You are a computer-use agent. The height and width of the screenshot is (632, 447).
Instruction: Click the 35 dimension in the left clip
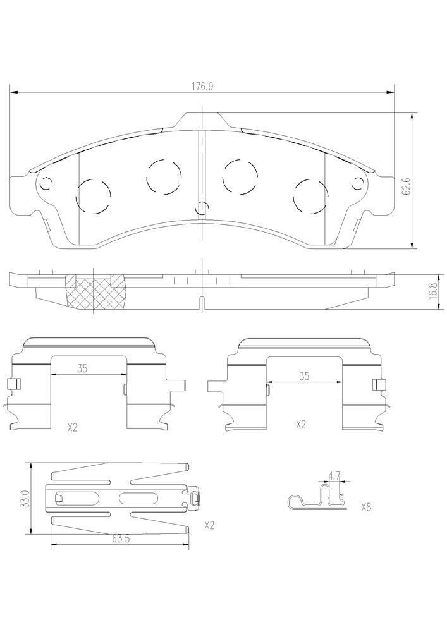(82, 369)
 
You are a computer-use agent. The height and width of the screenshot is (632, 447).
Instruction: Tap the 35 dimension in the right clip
(303, 376)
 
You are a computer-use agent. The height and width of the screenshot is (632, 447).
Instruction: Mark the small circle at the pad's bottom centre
(201, 207)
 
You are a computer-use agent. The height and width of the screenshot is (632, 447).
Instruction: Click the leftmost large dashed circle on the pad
(92, 197)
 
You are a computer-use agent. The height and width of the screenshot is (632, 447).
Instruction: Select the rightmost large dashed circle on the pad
(310, 197)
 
